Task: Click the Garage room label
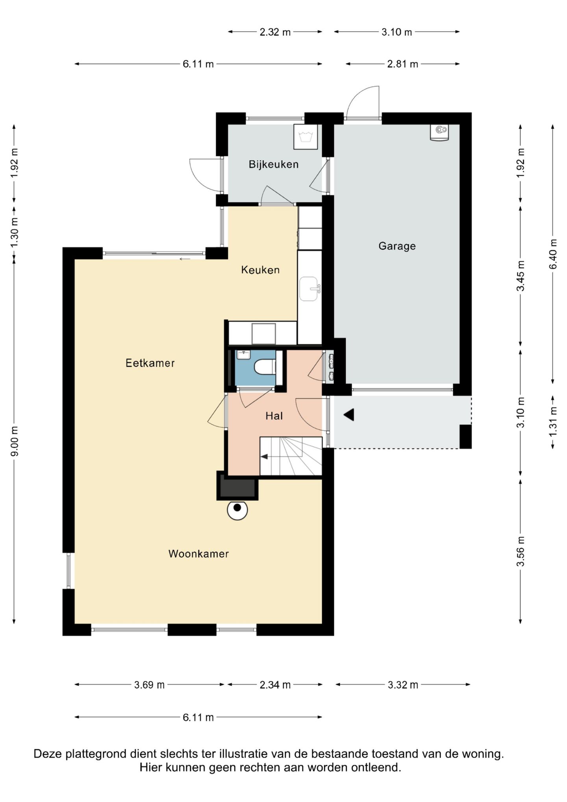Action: point(397,246)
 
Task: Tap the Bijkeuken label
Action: point(274,164)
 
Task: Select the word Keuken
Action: point(260,270)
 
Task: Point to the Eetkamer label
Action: point(150,363)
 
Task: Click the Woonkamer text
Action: point(198,553)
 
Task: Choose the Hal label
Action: point(274,416)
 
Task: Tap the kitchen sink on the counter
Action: point(309,289)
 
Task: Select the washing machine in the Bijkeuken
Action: point(306,137)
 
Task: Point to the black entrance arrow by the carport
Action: point(349,414)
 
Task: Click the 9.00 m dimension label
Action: point(14,441)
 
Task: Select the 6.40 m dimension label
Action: point(553,254)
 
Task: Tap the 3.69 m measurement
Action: point(149,685)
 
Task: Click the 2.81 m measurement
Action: point(402,64)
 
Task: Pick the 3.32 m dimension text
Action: point(403,685)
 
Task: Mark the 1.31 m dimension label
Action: point(553,421)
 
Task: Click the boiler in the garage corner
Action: point(439,132)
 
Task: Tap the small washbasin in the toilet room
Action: point(244,355)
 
